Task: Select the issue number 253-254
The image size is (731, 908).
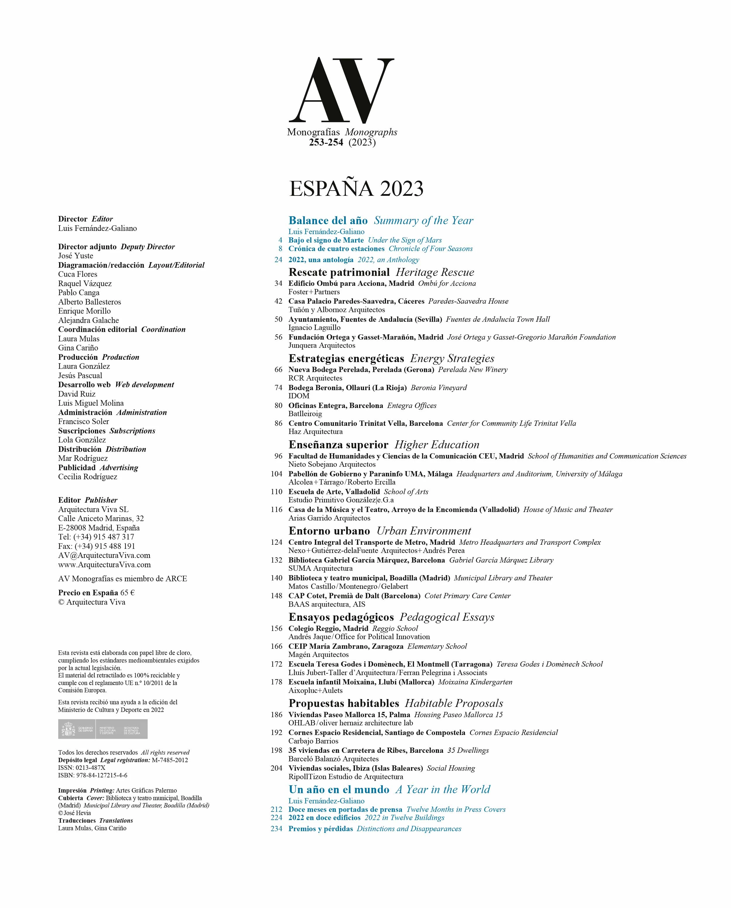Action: click(x=326, y=142)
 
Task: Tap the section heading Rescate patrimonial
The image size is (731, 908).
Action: click(x=339, y=272)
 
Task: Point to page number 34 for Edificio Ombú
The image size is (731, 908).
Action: click(x=278, y=283)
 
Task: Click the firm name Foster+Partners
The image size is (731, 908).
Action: click(x=314, y=292)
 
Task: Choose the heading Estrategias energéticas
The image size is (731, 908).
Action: click(x=346, y=358)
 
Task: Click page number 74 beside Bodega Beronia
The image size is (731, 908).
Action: click(x=278, y=388)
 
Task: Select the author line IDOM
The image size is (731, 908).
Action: click(x=299, y=396)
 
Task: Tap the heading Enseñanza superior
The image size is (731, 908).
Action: click(x=338, y=445)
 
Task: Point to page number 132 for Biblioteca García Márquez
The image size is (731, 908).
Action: click(x=276, y=560)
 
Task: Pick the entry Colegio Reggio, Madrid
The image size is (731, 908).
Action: click(x=328, y=628)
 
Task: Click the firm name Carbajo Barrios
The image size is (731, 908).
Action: click(x=313, y=741)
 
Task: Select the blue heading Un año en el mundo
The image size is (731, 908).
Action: click(x=339, y=789)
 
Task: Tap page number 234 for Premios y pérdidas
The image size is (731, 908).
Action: click(x=276, y=829)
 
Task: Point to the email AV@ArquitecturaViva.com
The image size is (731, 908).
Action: click(x=104, y=555)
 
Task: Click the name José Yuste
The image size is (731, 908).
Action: click(x=75, y=256)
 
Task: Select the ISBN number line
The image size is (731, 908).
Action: click(x=93, y=775)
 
